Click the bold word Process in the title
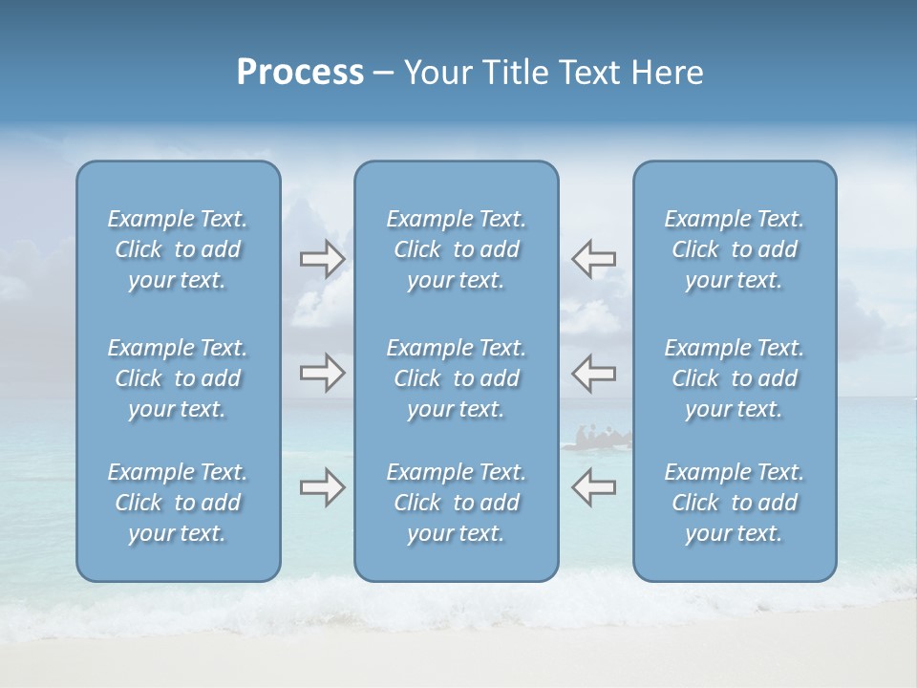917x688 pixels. pos(300,73)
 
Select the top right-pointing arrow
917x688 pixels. pos(322,259)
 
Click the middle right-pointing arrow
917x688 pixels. pos(322,373)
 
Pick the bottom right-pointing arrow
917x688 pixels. pos(322,488)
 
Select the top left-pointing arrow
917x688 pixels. pos(593,259)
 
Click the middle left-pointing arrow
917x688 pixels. pos(593,373)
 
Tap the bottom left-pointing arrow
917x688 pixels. pos(593,488)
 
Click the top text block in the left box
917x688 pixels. pos(178,249)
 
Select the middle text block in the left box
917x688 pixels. pos(178,378)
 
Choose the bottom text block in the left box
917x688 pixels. pos(178,503)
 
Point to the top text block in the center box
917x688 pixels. pos(456,249)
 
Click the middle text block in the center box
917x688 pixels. pos(456,378)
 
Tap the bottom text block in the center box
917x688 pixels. pos(456,503)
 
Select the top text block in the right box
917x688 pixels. pos(734,249)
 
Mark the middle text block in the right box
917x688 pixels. pos(734,378)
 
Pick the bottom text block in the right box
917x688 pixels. pos(734,503)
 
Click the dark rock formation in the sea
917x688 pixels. pos(598,439)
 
